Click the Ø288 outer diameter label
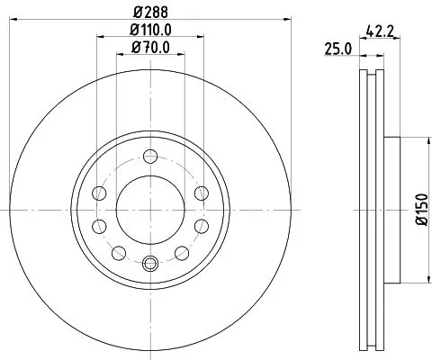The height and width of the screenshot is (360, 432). tap(149, 12)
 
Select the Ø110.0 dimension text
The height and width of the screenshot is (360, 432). tap(149, 31)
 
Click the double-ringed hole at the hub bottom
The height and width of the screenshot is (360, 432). tap(149, 264)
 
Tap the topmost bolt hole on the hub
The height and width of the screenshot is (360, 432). tap(149, 157)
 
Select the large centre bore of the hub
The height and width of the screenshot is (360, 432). tap(149, 210)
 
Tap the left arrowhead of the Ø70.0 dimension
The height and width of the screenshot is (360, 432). tap(118, 55)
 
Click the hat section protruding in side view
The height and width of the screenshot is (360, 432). tap(391, 209)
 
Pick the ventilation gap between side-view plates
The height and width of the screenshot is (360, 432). tap(371, 209)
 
